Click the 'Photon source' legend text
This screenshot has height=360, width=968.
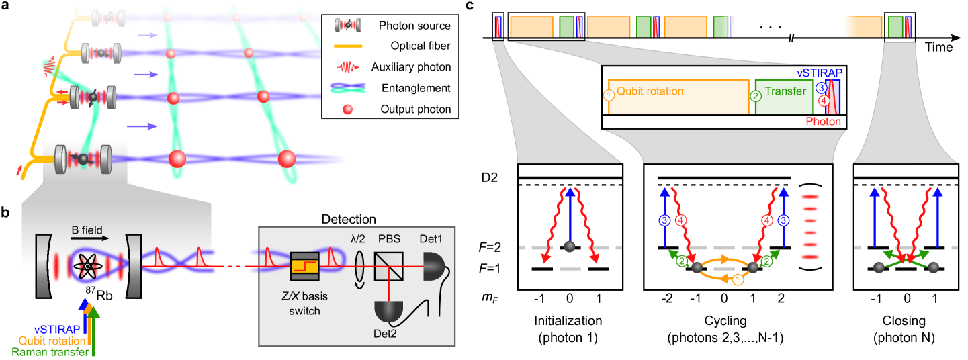414,26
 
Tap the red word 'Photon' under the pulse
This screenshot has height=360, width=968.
823,122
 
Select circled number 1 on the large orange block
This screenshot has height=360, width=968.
609,96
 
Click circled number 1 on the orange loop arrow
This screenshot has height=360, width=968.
738,280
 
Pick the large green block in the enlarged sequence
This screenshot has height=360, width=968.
784,96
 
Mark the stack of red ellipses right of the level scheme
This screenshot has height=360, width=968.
811,227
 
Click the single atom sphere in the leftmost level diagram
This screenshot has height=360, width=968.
570,246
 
